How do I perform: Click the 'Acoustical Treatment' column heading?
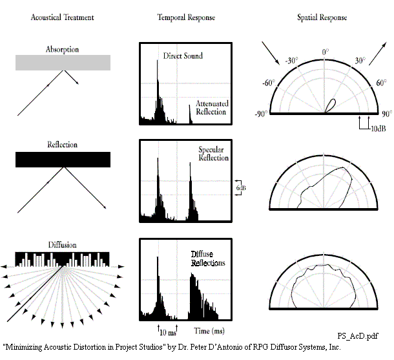62,17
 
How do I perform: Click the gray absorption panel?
63,62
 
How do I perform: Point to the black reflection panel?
63,159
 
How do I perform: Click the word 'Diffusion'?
63,245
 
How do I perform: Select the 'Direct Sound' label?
183,56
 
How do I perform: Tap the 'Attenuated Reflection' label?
211,107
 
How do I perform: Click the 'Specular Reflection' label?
213,153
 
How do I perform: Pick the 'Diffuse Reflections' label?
207,259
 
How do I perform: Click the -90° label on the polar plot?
262,114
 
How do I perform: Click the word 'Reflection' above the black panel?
63,145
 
